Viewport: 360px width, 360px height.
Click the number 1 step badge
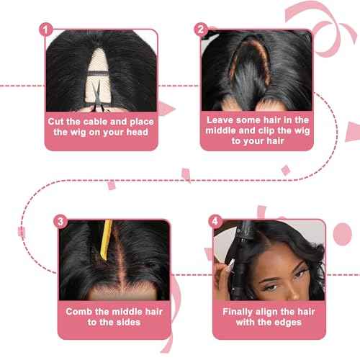pos(47,30)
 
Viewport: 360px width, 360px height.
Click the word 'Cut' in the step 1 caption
pos(59,121)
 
